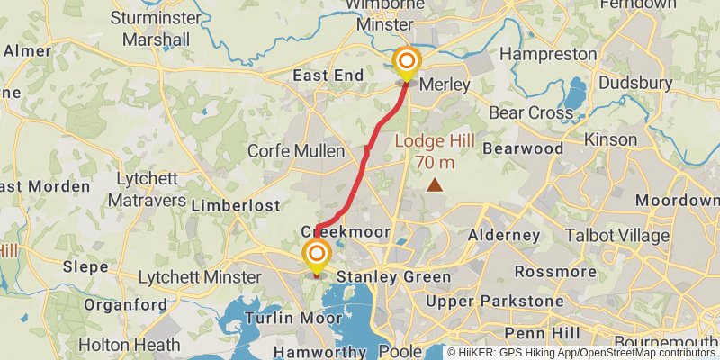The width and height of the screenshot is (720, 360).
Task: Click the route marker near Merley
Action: click(407, 61)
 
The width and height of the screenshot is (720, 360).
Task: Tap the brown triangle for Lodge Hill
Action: click(436, 185)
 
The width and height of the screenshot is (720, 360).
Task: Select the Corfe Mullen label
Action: click(296, 151)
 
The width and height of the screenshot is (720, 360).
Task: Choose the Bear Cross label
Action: click(531, 113)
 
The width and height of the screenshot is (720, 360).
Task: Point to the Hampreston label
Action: click(549, 54)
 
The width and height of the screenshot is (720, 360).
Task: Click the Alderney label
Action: click(504, 236)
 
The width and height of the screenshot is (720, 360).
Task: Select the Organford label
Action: click(125, 304)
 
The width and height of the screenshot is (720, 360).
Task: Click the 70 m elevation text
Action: click(435, 163)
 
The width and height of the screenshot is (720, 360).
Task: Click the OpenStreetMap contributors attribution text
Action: click(646, 353)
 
